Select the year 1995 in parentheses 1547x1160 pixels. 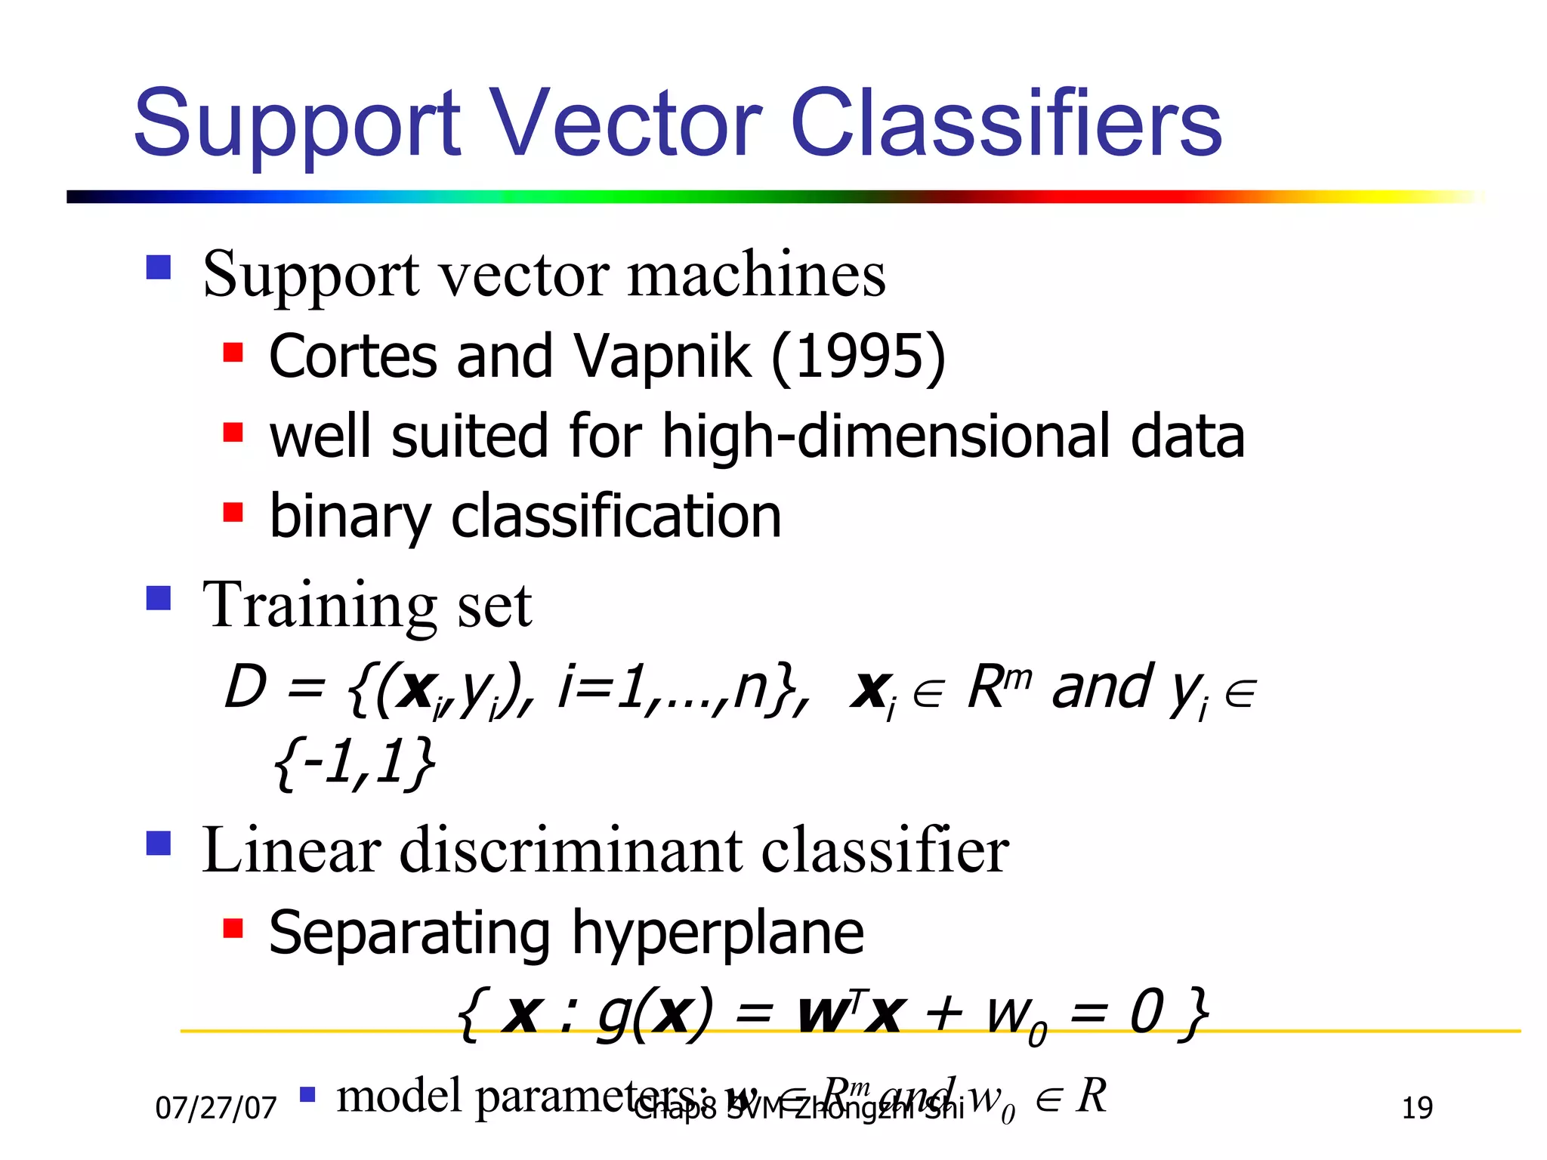(858, 356)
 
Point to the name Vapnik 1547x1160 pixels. (662, 358)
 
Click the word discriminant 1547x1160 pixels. (570, 850)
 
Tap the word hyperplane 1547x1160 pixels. (718, 935)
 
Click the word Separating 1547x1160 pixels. (409, 935)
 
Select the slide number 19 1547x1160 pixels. (1417, 1109)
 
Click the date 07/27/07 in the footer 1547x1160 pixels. (216, 1109)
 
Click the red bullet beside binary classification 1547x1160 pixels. (233, 513)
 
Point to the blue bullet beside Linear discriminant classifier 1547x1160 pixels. (159, 843)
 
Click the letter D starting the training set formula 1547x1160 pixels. (246, 687)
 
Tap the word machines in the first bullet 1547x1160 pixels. (756, 275)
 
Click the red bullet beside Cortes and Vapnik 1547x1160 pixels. (233, 352)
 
